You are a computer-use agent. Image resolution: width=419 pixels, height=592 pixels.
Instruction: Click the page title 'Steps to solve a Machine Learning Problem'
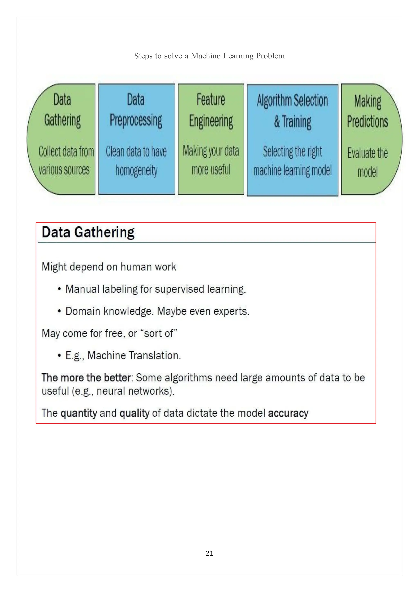point(209,56)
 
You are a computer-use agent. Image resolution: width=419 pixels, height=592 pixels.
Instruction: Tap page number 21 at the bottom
point(209,553)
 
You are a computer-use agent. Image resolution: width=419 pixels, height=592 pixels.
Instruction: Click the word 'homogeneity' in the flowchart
point(136,171)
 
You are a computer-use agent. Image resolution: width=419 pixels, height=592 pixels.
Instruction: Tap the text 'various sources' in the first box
point(64,170)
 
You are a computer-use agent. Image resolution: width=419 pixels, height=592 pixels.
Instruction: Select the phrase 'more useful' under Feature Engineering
point(211,170)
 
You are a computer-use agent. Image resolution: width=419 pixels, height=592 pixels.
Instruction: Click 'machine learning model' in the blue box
point(292,171)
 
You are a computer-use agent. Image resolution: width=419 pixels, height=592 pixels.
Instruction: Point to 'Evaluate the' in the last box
point(367,153)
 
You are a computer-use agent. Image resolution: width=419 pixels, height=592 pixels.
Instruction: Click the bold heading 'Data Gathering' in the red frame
point(88,232)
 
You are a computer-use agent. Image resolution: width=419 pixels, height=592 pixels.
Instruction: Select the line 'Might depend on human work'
point(109,267)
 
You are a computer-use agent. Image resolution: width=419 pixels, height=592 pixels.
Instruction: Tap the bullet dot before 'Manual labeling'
point(59,289)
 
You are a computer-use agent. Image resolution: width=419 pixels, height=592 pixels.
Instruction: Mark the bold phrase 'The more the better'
point(86,378)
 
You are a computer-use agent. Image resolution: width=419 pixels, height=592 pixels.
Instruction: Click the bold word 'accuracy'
point(288,413)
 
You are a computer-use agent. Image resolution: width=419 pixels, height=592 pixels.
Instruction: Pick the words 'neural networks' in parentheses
point(133,391)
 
